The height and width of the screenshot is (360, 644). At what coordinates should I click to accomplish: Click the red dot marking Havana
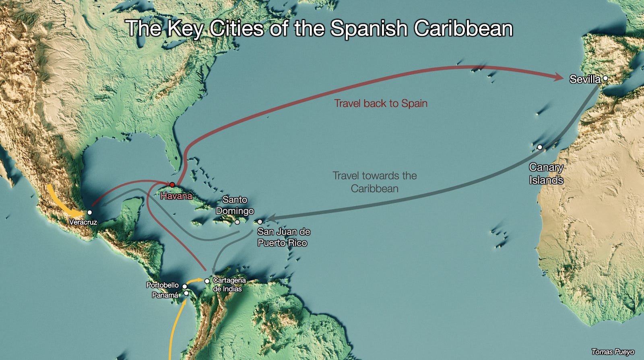tap(172, 185)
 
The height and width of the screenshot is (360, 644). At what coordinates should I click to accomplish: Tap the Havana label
tap(176, 196)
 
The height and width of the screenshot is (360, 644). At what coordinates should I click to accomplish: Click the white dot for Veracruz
tap(90, 212)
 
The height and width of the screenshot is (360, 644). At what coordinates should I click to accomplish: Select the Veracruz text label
tap(83, 222)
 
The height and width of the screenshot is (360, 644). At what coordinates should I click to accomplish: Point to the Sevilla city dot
tap(605, 79)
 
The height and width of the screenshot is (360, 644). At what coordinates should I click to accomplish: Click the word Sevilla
tap(585, 79)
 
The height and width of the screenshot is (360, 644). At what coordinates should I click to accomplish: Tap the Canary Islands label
tap(546, 174)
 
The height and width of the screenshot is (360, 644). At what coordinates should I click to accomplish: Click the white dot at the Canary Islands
tap(539, 147)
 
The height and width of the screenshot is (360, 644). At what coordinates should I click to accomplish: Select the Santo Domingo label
tap(235, 205)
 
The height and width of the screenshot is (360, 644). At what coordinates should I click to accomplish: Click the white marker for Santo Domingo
tap(237, 222)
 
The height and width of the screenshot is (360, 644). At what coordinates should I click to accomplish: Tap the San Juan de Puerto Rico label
tap(283, 237)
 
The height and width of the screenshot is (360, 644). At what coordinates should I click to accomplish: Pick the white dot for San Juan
tap(260, 222)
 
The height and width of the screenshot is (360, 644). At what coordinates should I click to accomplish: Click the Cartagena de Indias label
tap(229, 284)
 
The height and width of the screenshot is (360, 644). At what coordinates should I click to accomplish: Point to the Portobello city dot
tap(185, 286)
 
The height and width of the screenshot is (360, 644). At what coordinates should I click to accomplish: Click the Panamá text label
tap(165, 295)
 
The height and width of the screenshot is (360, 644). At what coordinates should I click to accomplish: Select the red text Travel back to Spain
tap(380, 103)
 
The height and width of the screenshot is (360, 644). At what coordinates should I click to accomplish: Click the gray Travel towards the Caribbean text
tap(374, 182)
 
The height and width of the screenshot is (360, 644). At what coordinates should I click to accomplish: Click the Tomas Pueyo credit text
tap(613, 352)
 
